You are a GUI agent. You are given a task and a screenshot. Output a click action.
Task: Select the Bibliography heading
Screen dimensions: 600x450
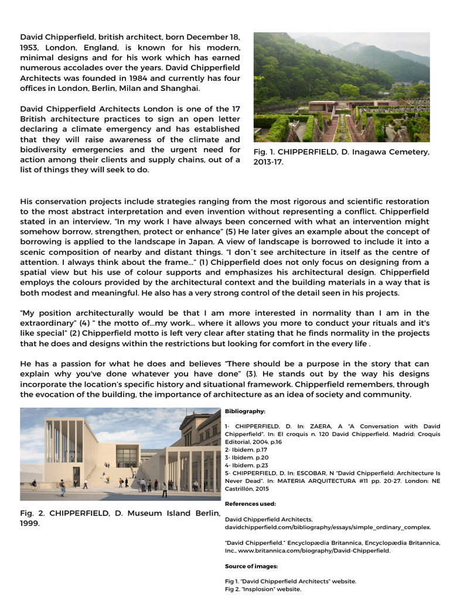coord(245,412)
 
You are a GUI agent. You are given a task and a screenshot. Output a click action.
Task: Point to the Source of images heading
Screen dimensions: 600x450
coord(251,567)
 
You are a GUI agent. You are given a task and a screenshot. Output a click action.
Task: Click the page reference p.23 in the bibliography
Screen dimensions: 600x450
coord(254,465)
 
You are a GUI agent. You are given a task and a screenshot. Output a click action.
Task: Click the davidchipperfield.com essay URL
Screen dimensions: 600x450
coord(328,527)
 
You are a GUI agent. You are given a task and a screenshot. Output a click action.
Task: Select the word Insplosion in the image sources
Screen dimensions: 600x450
coord(265,589)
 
